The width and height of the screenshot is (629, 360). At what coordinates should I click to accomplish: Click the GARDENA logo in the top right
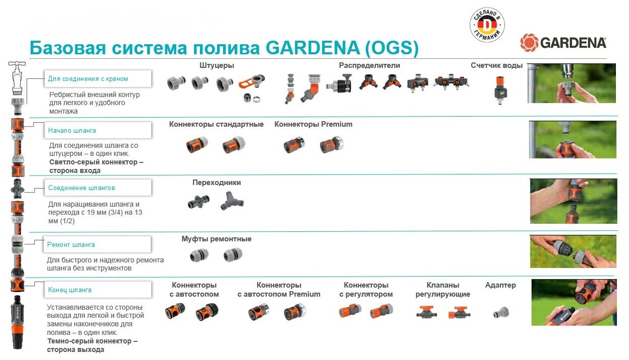pyautogui.click(x=563, y=43)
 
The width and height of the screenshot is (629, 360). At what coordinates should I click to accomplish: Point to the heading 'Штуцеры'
pyautogui.click(x=217, y=65)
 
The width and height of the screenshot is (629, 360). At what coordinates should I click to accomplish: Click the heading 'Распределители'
pyautogui.click(x=369, y=65)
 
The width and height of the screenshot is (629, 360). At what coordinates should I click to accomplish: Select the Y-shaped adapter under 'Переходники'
pyautogui.click(x=232, y=202)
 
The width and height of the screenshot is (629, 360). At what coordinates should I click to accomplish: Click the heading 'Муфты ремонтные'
pyautogui.click(x=217, y=239)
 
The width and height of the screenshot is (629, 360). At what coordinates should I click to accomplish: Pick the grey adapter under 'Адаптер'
pyautogui.click(x=500, y=313)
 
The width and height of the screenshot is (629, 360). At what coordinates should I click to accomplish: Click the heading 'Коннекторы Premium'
pyautogui.click(x=313, y=124)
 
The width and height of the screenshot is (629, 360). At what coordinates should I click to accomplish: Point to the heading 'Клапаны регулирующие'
pyautogui.click(x=443, y=290)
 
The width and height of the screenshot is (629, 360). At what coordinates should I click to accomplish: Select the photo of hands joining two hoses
pyautogui.click(x=573, y=202)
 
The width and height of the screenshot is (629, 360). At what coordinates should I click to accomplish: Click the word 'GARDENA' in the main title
pyautogui.click(x=312, y=48)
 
